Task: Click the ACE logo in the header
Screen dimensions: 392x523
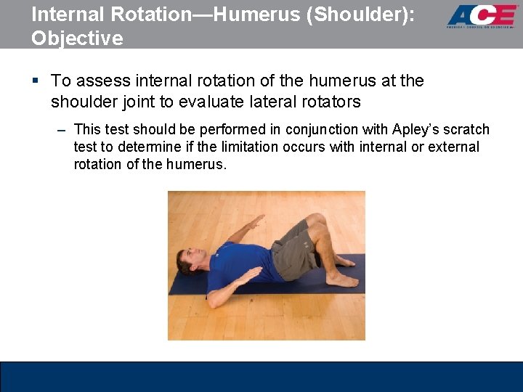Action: [482, 16]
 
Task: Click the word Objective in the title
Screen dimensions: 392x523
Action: [77, 38]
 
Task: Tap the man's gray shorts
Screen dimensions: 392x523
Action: [294, 250]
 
